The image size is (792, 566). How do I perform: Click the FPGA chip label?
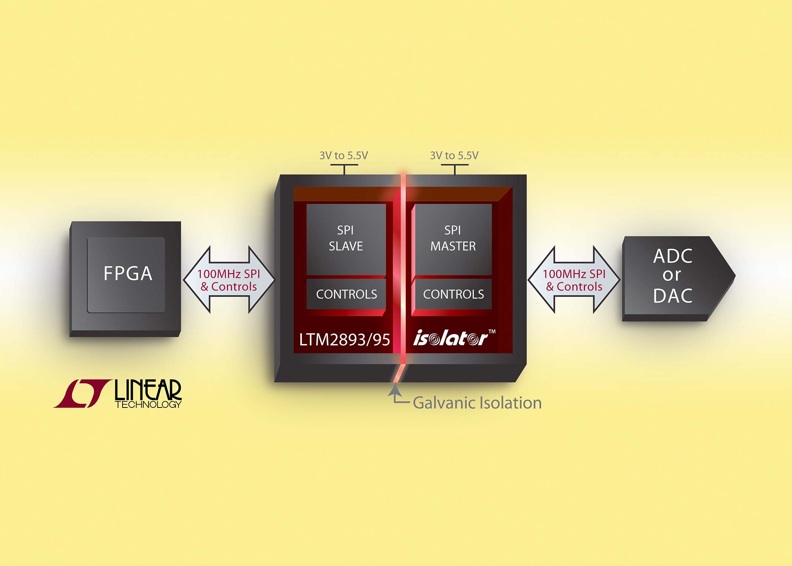pyautogui.click(x=127, y=274)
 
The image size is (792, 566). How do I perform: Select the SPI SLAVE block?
pyautogui.click(x=346, y=238)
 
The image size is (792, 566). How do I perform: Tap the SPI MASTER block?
pyautogui.click(x=453, y=238)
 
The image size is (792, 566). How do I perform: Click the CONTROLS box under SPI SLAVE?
pyautogui.click(x=346, y=294)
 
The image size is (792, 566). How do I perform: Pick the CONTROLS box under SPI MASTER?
pyautogui.click(x=453, y=294)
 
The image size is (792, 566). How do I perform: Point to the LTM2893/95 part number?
pyautogui.click(x=344, y=340)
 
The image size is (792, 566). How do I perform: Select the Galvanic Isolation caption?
pyautogui.click(x=477, y=403)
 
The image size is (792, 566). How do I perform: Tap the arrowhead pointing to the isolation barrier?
pyautogui.click(x=394, y=389)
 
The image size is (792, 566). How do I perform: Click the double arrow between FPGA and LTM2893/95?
pyautogui.click(x=229, y=280)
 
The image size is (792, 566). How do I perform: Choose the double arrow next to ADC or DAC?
pyautogui.click(x=574, y=280)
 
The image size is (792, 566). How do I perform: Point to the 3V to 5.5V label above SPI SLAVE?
pyautogui.click(x=344, y=155)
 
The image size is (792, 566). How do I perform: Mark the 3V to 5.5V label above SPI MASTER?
pyautogui.click(x=454, y=155)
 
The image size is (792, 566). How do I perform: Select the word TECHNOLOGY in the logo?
pyautogui.click(x=148, y=405)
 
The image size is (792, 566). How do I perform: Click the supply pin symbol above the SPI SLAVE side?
pyautogui.click(x=344, y=168)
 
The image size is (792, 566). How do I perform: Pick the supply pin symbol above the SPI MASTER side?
pyautogui.click(x=454, y=168)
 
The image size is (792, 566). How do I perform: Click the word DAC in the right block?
pyautogui.click(x=673, y=296)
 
